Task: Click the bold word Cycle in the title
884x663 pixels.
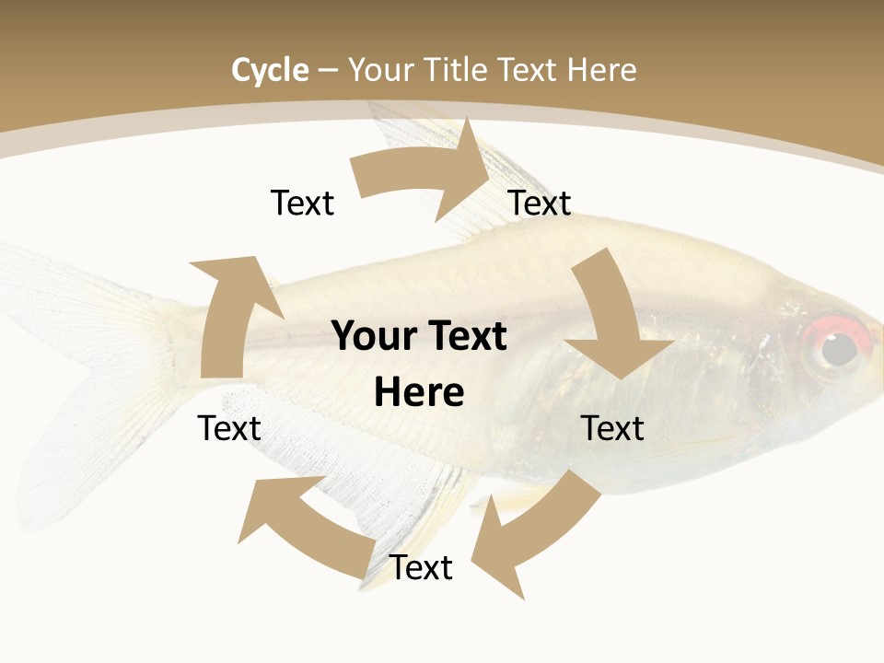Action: tap(270, 70)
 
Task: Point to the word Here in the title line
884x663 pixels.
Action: tap(601, 70)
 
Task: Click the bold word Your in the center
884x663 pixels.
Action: tap(372, 336)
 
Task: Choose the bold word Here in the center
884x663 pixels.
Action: tap(419, 392)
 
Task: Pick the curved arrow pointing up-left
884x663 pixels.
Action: tap(304, 525)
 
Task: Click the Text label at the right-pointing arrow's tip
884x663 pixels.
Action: tap(540, 203)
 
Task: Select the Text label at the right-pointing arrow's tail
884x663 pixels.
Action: tap(302, 203)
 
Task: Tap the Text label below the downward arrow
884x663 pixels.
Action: tap(613, 428)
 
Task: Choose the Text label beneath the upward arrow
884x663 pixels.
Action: tap(229, 428)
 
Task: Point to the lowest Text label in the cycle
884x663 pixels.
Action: tap(421, 567)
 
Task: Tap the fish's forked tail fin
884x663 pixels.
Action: tap(83, 387)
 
